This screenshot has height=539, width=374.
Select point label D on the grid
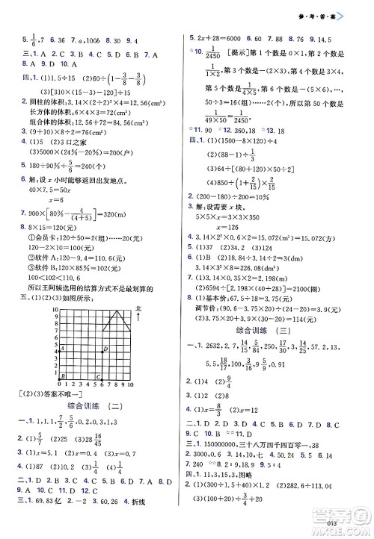[105, 349]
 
